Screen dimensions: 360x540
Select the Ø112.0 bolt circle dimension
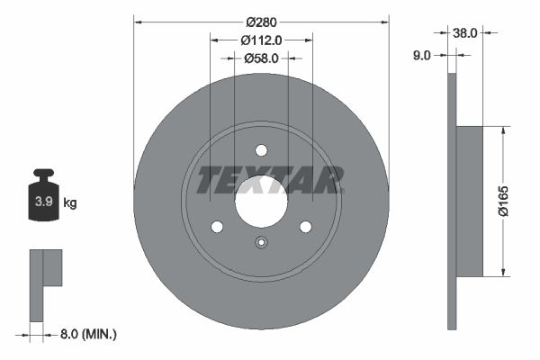click(x=262, y=40)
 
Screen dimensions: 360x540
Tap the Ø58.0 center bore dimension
click(x=262, y=58)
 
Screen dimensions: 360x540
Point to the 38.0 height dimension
click(x=464, y=32)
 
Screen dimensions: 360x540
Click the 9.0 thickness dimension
click(x=421, y=55)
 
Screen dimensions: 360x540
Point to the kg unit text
click(x=69, y=203)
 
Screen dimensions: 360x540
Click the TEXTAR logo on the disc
click(x=269, y=179)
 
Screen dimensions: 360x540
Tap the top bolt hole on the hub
click(x=261, y=150)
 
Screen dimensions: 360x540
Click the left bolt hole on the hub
click(x=217, y=226)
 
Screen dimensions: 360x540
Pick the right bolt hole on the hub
click(x=305, y=226)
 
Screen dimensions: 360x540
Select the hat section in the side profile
click(x=469, y=201)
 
